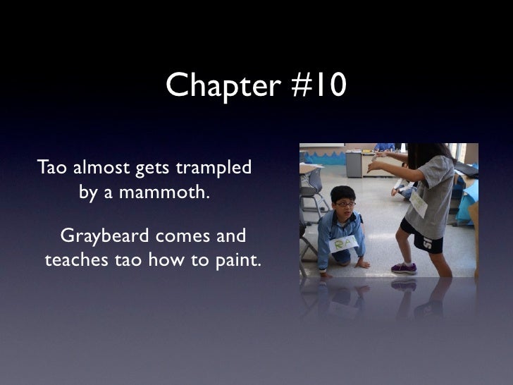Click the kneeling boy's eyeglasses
coord(344,203)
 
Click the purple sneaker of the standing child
coord(404,268)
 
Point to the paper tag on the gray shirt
coord(419,204)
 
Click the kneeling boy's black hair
coord(342,192)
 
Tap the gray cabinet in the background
coord(354,164)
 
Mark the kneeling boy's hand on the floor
coord(363,264)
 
